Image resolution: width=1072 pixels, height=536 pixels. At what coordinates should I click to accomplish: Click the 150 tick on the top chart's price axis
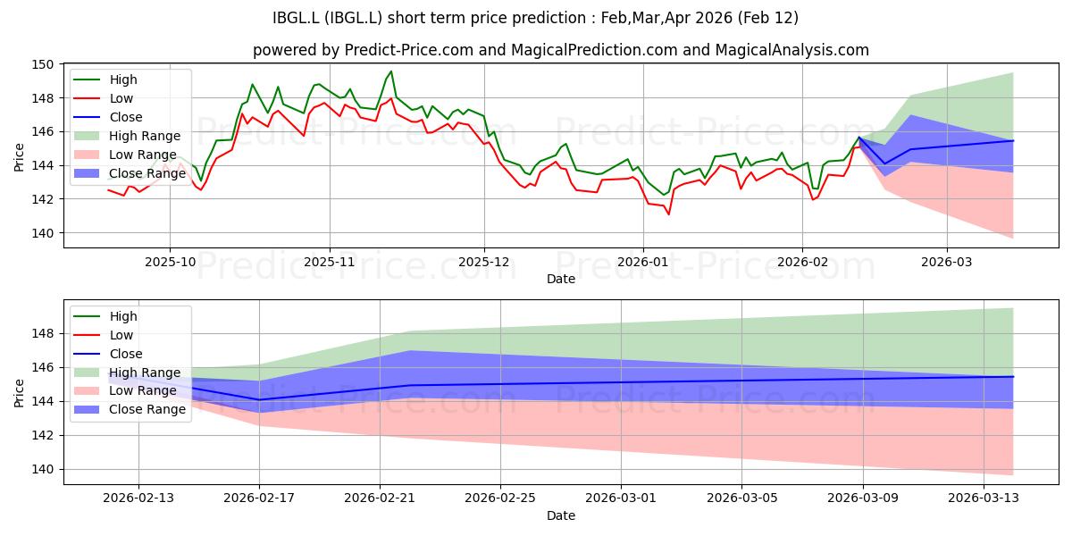(x=42, y=64)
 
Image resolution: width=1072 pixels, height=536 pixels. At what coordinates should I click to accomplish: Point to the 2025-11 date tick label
(x=330, y=263)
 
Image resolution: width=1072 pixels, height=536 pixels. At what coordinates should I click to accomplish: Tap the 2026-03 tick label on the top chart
(x=947, y=263)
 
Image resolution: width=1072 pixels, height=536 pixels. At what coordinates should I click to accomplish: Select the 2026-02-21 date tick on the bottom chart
(x=380, y=498)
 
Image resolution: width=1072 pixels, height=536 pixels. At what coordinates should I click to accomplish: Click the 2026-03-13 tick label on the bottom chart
(x=984, y=498)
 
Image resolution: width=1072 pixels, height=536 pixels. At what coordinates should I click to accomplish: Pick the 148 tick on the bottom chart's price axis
(x=42, y=333)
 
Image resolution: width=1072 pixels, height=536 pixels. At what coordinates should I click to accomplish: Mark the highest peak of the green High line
(x=391, y=71)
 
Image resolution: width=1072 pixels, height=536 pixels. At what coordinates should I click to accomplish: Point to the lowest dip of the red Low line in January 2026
(x=668, y=214)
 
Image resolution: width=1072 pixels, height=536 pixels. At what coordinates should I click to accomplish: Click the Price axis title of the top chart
(x=19, y=157)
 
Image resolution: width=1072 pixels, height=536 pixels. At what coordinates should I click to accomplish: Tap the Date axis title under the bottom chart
(x=561, y=515)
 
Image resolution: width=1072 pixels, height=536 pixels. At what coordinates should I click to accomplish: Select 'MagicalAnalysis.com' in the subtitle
(x=792, y=50)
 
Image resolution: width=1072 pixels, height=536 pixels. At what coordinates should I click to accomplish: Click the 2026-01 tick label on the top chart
(x=643, y=263)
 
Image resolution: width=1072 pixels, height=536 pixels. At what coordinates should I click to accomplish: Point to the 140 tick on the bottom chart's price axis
(x=42, y=470)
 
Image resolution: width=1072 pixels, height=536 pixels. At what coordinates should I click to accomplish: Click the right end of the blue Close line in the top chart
(x=1013, y=141)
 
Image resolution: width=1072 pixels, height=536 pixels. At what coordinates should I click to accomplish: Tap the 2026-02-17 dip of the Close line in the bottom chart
(x=259, y=399)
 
